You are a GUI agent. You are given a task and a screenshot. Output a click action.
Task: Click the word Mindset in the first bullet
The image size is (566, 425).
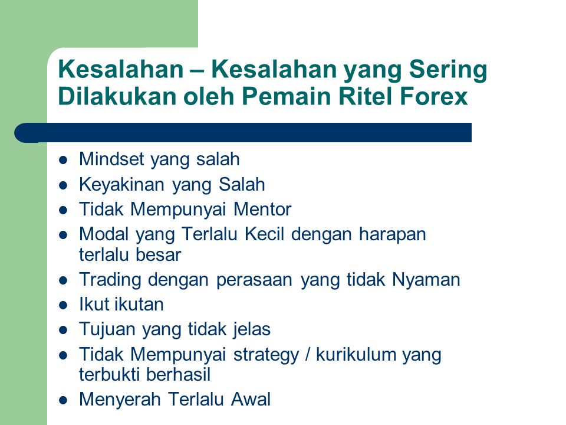[x=111, y=159]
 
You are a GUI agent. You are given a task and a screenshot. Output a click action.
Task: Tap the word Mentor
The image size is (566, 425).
[x=262, y=209]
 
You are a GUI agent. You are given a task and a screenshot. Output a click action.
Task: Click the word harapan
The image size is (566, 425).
[x=393, y=235]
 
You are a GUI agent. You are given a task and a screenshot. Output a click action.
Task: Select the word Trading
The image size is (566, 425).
[x=110, y=280]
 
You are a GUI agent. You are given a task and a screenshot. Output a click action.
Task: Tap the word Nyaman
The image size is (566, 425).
[x=426, y=280]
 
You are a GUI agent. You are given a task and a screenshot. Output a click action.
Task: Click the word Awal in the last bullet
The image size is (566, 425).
[x=251, y=400]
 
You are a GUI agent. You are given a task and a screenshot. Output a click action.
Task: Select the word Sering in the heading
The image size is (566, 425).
[x=448, y=70]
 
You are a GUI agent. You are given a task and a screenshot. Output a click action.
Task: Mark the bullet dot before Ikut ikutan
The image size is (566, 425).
[x=63, y=305]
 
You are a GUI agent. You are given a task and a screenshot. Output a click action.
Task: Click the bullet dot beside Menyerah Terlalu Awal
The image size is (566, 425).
[x=63, y=400]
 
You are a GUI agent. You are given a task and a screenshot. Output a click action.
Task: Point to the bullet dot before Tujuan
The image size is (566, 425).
[x=63, y=331]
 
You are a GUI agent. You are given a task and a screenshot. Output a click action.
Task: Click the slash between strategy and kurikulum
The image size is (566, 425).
[x=308, y=354]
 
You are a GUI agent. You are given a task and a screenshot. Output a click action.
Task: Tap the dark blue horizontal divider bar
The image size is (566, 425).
[x=243, y=133]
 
